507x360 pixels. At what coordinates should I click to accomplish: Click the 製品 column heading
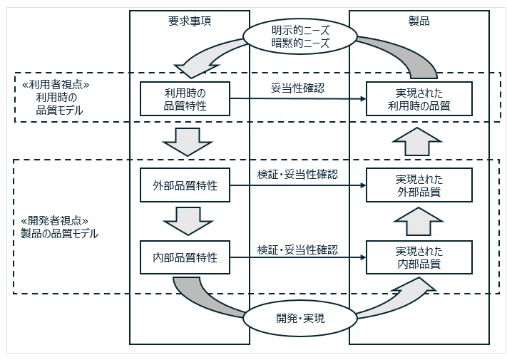[420, 21]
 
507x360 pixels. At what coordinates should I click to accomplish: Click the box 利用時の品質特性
[185, 99]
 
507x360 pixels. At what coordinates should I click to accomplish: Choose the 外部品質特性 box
[185, 186]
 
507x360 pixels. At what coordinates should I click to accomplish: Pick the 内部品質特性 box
[185, 257]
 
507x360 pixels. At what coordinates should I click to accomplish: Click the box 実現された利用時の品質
[419, 99]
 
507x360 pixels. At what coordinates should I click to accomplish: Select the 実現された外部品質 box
[419, 185]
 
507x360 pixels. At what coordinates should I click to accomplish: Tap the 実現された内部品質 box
[419, 257]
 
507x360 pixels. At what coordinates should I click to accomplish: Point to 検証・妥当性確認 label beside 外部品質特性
[297, 174]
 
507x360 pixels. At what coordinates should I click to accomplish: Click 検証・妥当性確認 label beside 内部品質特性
[297, 250]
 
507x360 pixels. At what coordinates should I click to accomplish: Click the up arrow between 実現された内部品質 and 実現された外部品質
[419, 221]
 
